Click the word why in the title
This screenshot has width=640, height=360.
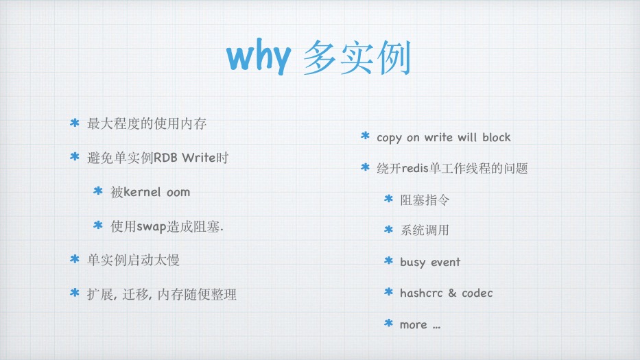pyautogui.click(x=259, y=58)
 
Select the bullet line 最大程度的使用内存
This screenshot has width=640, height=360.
pyautogui.click(x=147, y=123)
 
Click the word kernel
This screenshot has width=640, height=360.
pyautogui.click(x=142, y=191)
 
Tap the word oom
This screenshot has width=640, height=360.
pyautogui.click(x=178, y=192)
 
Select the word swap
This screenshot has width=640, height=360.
pyautogui.click(x=151, y=227)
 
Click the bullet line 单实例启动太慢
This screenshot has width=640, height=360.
pyautogui.click(x=133, y=260)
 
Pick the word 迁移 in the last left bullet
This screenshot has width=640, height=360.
pyautogui.click(x=136, y=294)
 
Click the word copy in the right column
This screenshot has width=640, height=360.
pyautogui.click(x=389, y=138)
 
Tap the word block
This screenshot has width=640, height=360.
pyautogui.click(x=497, y=137)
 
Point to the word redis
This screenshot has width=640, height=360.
pyautogui.click(x=415, y=168)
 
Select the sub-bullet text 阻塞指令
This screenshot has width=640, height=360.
pyautogui.click(x=425, y=200)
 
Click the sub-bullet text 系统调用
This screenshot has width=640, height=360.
pyautogui.click(x=425, y=230)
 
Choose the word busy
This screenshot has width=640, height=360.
pyautogui.click(x=412, y=262)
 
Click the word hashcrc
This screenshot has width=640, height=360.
pyautogui.click(x=421, y=293)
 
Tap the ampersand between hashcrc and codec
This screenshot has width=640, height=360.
pyautogui.click(x=452, y=293)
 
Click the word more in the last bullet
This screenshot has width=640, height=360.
pyautogui.click(x=414, y=325)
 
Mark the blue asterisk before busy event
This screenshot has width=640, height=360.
pyautogui.click(x=388, y=261)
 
